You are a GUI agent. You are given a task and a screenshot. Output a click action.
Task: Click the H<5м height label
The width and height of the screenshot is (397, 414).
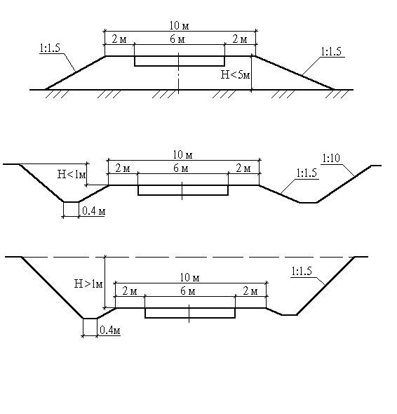click(235, 74)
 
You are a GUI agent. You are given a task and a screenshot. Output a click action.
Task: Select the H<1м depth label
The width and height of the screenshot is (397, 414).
click(72, 174)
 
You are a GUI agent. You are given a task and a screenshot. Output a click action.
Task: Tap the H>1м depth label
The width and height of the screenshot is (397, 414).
click(88, 283)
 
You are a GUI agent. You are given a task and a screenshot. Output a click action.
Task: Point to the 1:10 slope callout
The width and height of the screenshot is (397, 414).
click(331, 158)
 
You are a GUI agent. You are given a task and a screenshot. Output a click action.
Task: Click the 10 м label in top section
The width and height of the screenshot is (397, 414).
click(180, 25)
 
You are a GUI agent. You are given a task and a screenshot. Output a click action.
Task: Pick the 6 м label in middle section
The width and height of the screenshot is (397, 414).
click(181, 168)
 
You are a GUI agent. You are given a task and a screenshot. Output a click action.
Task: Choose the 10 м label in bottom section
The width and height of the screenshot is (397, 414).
click(190, 277)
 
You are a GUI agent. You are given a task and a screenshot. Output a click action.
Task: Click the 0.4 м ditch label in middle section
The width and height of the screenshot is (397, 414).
click(94, 211)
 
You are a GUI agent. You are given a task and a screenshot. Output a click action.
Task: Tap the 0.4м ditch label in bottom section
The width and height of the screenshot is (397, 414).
click(110, 330)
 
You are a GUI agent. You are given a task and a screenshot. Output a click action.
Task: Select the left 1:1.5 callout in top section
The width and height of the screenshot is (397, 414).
click(50, 48)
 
